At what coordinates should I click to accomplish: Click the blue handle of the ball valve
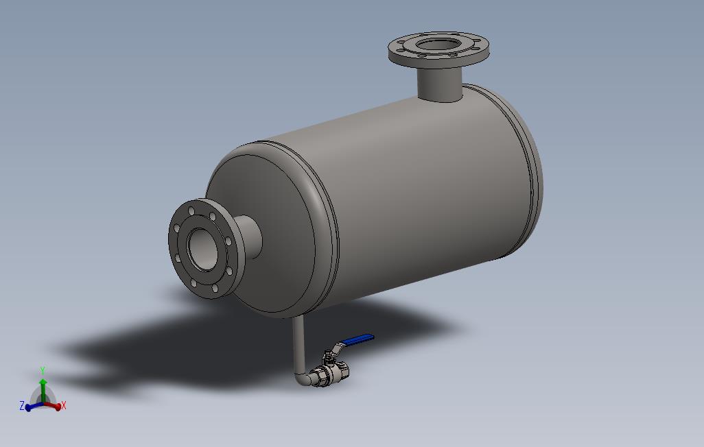coord(358,339)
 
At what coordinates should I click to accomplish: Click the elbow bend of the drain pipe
coord(303,378)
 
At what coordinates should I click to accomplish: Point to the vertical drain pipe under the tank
coord(298,343)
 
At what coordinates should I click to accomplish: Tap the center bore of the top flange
coord(438,46)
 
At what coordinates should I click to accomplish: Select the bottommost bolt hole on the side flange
coord(214,289)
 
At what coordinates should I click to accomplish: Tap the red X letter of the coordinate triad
coord(64,406)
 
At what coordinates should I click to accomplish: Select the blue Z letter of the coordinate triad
coord(22,406)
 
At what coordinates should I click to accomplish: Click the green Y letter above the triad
coord(43,371)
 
